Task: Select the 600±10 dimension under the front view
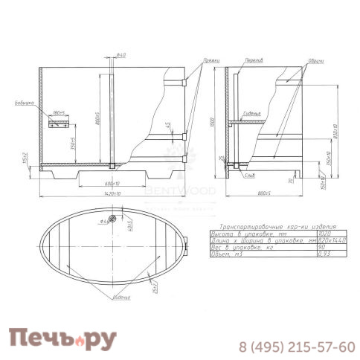111,181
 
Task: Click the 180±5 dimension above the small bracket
60,113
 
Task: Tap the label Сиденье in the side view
251,114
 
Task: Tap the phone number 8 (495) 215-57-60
295,347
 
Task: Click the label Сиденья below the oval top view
120,298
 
